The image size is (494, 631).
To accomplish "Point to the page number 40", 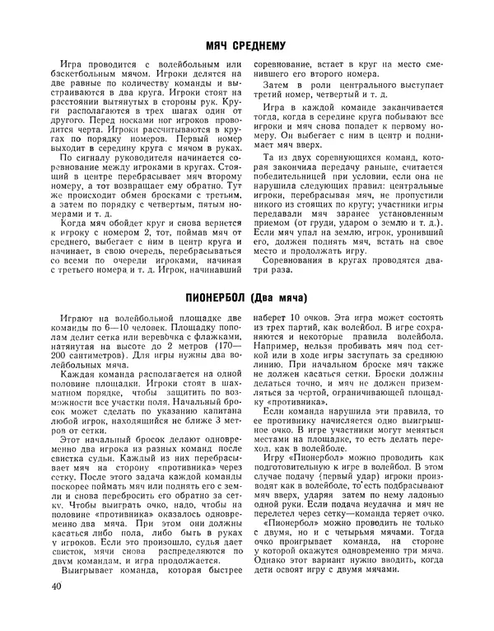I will coord(56,610).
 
